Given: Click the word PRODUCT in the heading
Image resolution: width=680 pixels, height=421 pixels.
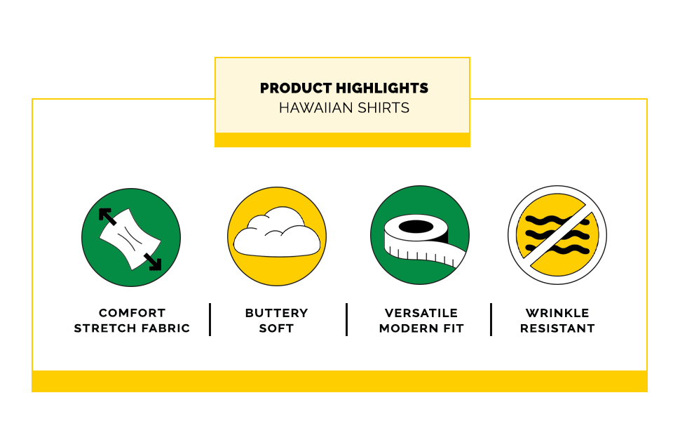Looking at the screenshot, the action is (296, 88).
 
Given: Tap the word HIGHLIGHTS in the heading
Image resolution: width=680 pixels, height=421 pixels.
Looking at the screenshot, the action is (382, 88).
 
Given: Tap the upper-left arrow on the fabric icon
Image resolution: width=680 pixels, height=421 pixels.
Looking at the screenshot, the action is (107, 216).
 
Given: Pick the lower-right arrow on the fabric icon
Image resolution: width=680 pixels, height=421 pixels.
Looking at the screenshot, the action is (153, 262).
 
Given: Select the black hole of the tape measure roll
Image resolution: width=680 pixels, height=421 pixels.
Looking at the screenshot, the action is (416, 226).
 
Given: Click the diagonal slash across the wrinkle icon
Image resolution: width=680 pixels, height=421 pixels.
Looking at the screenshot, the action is (557, 235).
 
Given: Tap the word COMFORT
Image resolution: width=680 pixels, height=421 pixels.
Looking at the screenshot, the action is (132, 313).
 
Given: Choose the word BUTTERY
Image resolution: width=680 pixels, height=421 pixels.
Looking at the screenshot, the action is (277, 313).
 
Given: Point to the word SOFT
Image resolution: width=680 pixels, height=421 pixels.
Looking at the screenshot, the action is (277, 328).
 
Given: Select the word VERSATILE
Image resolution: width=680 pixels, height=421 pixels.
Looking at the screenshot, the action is (421, 313).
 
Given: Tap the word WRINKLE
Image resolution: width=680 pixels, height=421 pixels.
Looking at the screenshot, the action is (557, 313).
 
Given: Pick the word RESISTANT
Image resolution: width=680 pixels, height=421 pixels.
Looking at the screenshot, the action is (557, 328).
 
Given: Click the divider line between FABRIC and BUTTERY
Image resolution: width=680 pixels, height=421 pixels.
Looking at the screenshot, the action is (210, 319).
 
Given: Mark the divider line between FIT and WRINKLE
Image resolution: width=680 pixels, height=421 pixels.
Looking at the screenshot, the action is (491, 319).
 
